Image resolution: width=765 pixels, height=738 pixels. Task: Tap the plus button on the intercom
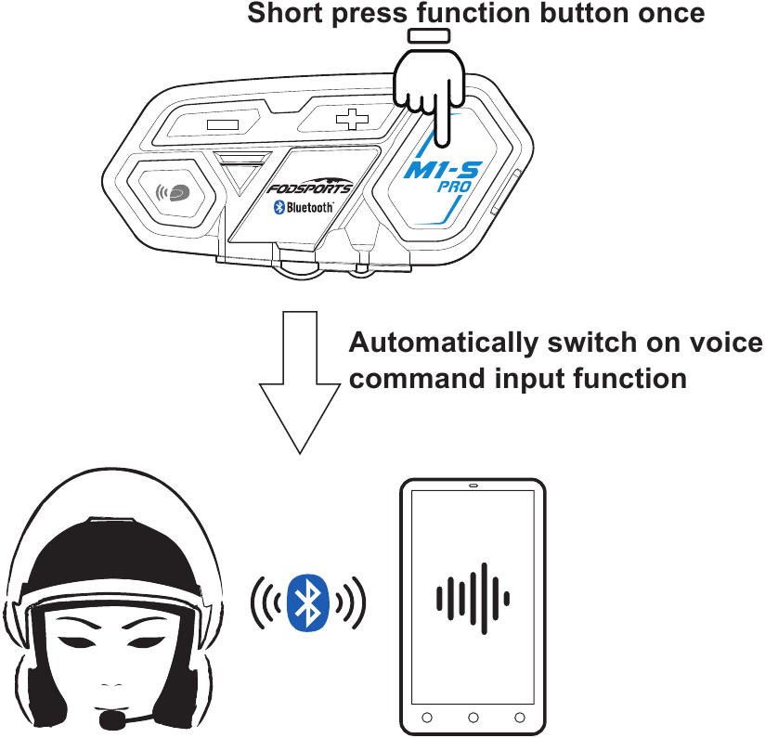click(x=352, y=120)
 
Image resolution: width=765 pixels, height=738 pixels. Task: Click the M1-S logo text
click(x=443, y=170)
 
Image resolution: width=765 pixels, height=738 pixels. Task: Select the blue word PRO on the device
click(x=454, y=187)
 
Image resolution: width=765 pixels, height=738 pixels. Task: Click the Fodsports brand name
click(x=310, y=188)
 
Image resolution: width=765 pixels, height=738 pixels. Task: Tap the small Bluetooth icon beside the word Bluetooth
click(x=279, y=207)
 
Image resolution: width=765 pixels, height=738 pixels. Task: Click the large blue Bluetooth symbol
click(x=308, y=602)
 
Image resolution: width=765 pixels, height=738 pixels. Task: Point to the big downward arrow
click(x=300, y=382)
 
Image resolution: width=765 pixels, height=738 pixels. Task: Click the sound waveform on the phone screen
click(x=473, y=599)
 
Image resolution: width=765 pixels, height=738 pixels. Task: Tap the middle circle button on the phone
click(x=473, y=718)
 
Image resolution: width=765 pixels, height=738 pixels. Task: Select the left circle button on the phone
click(x=427, y=718)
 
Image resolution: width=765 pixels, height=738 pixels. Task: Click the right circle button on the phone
click(x=520, y=718)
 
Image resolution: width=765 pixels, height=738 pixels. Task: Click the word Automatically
click(x=444, y=343)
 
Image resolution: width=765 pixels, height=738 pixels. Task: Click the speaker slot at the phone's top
click(x=473, y=486)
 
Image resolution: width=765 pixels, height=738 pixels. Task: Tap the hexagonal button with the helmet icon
click(x=171, y=193)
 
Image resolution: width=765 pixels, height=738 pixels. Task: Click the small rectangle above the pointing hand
click(x=429, y=36)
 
